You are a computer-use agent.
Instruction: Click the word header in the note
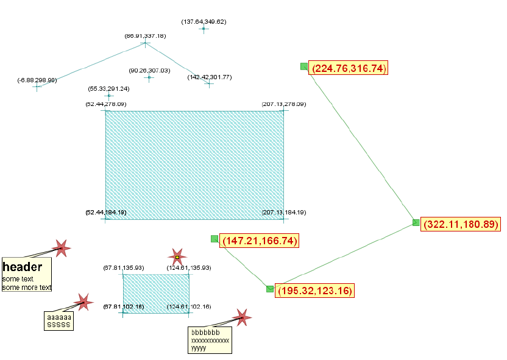[x=23, y=267]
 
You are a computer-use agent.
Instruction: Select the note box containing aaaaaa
[x=59, y=321]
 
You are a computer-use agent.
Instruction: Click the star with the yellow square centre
[x=177, y=257]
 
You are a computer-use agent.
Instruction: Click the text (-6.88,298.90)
[x=37, y=80]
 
